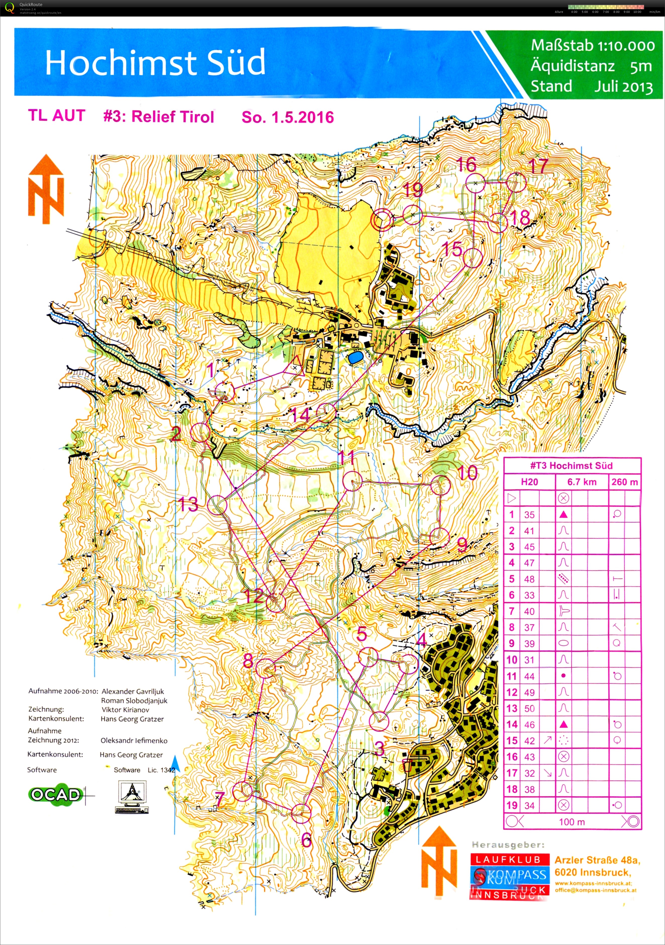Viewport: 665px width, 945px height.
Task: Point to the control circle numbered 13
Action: (217, 505)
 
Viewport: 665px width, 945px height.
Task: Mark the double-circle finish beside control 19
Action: (382, 219)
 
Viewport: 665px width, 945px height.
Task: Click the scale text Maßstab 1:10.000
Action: (592, 45)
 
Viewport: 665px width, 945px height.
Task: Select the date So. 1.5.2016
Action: (287, 117)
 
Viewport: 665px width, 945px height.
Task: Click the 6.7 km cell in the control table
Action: (582, 482)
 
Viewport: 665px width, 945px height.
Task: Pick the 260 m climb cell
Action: (624, 482)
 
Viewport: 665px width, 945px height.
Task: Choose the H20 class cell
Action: (529, 482)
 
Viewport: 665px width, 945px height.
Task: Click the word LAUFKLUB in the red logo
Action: (508, 859)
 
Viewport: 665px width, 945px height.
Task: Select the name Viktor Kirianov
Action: (125, 710)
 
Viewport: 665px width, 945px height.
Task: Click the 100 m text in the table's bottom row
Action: (571, 822)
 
